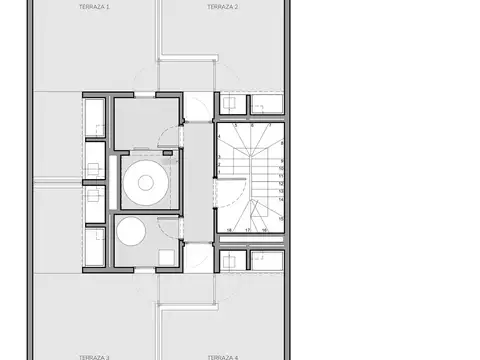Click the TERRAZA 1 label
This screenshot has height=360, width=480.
pos(94,6)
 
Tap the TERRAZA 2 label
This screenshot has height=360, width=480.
pos(221,6)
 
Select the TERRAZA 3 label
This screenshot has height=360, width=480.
pos(94,356)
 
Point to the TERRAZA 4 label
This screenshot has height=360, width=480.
pos(222,356)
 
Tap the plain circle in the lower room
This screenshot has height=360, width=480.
pos(131,232)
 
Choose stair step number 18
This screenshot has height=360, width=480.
pos(229,230)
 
